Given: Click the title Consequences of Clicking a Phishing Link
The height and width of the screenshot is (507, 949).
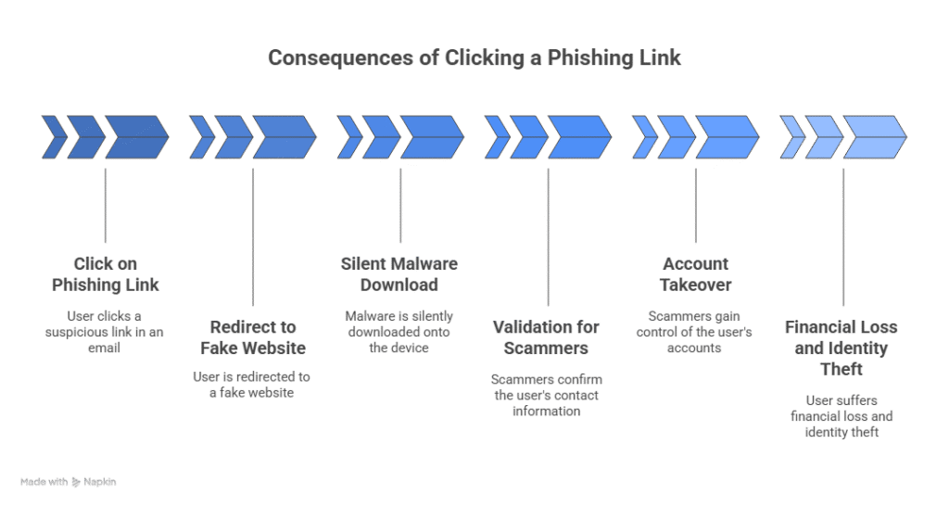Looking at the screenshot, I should [x=474, y=58].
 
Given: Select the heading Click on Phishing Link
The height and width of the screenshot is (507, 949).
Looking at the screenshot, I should [x=105, y=273].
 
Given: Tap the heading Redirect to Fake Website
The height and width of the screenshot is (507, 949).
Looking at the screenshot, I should [x=253, y=337].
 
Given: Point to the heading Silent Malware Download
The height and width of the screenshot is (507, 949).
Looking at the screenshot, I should [x=399, y=273].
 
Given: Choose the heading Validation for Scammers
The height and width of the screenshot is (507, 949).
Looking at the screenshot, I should [x=547, y=337].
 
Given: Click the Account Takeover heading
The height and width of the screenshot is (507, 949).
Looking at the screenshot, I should [x=695, y=273].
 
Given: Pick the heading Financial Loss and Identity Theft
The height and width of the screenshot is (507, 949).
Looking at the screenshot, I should [x=842, y=349].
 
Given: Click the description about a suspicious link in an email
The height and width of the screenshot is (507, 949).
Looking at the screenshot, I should [x=105, y=325].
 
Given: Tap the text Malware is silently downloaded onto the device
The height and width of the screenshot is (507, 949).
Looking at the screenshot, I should [x=399, y=325].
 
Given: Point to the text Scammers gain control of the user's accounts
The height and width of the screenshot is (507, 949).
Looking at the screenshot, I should [x=695, y=325].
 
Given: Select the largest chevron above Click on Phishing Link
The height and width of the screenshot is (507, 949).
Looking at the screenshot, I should [x=137, y=137].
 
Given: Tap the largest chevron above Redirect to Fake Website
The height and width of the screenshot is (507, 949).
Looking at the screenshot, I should [x=285, y=137].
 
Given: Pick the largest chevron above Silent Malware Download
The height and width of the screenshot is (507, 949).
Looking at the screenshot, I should [x=432, y=137].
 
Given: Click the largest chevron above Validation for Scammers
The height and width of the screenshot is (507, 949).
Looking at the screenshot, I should [x=579, y=137].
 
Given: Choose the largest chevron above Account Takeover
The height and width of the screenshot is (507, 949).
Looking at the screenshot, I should [x=727, y=137].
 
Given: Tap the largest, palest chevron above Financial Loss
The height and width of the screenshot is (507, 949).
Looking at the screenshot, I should [x=874, y=137].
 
